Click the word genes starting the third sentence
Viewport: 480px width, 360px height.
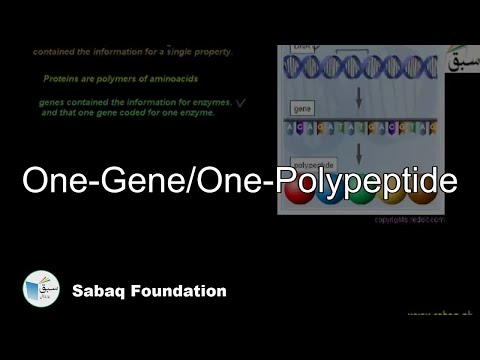pos(53,103)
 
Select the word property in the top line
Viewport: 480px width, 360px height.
pos(210,51)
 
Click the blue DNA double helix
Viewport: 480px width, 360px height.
pos(359,67)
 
